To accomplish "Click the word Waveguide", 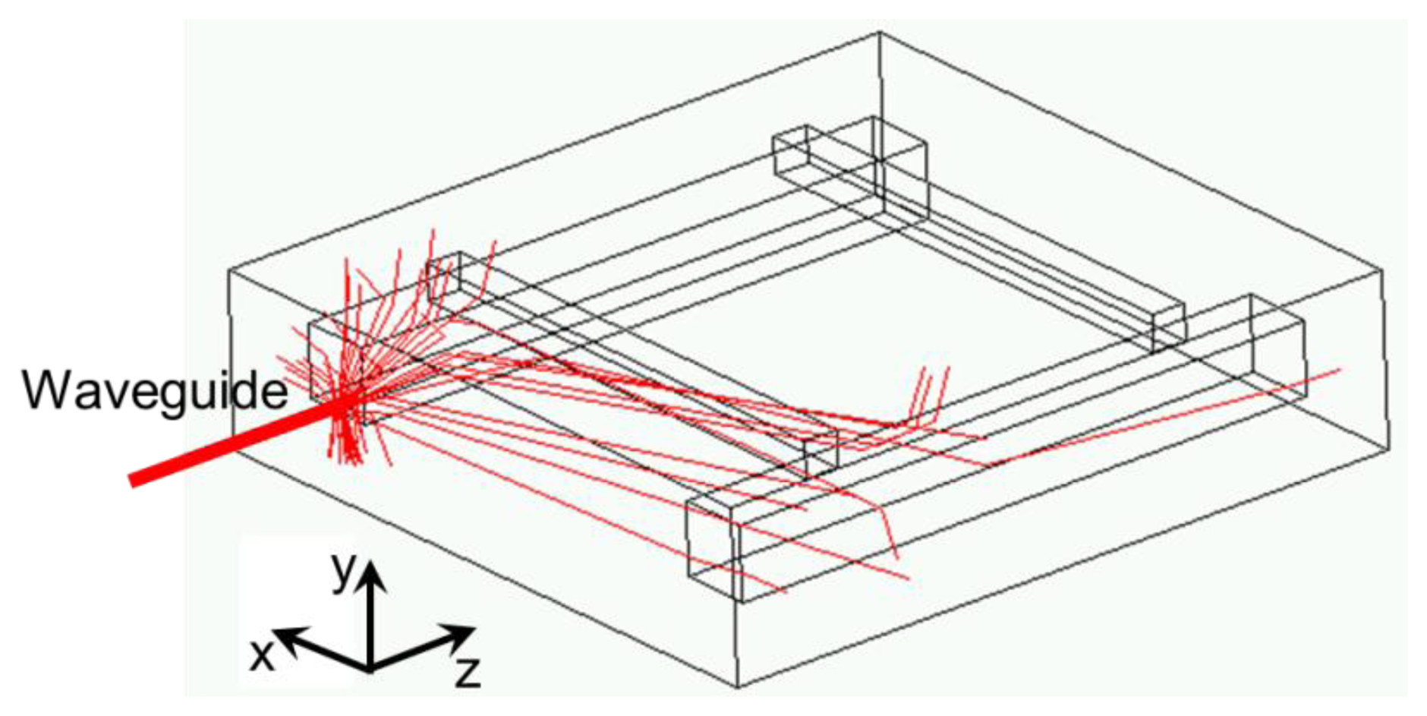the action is (x=155, y=390).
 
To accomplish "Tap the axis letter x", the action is (x=262, y=654).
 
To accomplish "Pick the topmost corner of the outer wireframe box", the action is (x=879, y=33).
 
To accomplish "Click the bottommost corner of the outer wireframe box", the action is (x=738, y=687).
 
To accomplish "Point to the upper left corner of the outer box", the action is (x=228, y=270).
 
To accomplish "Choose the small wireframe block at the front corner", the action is (x=713, y=543).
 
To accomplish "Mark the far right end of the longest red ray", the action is (x=1340, y=370).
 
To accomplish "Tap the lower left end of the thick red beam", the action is (x=134, y=480).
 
